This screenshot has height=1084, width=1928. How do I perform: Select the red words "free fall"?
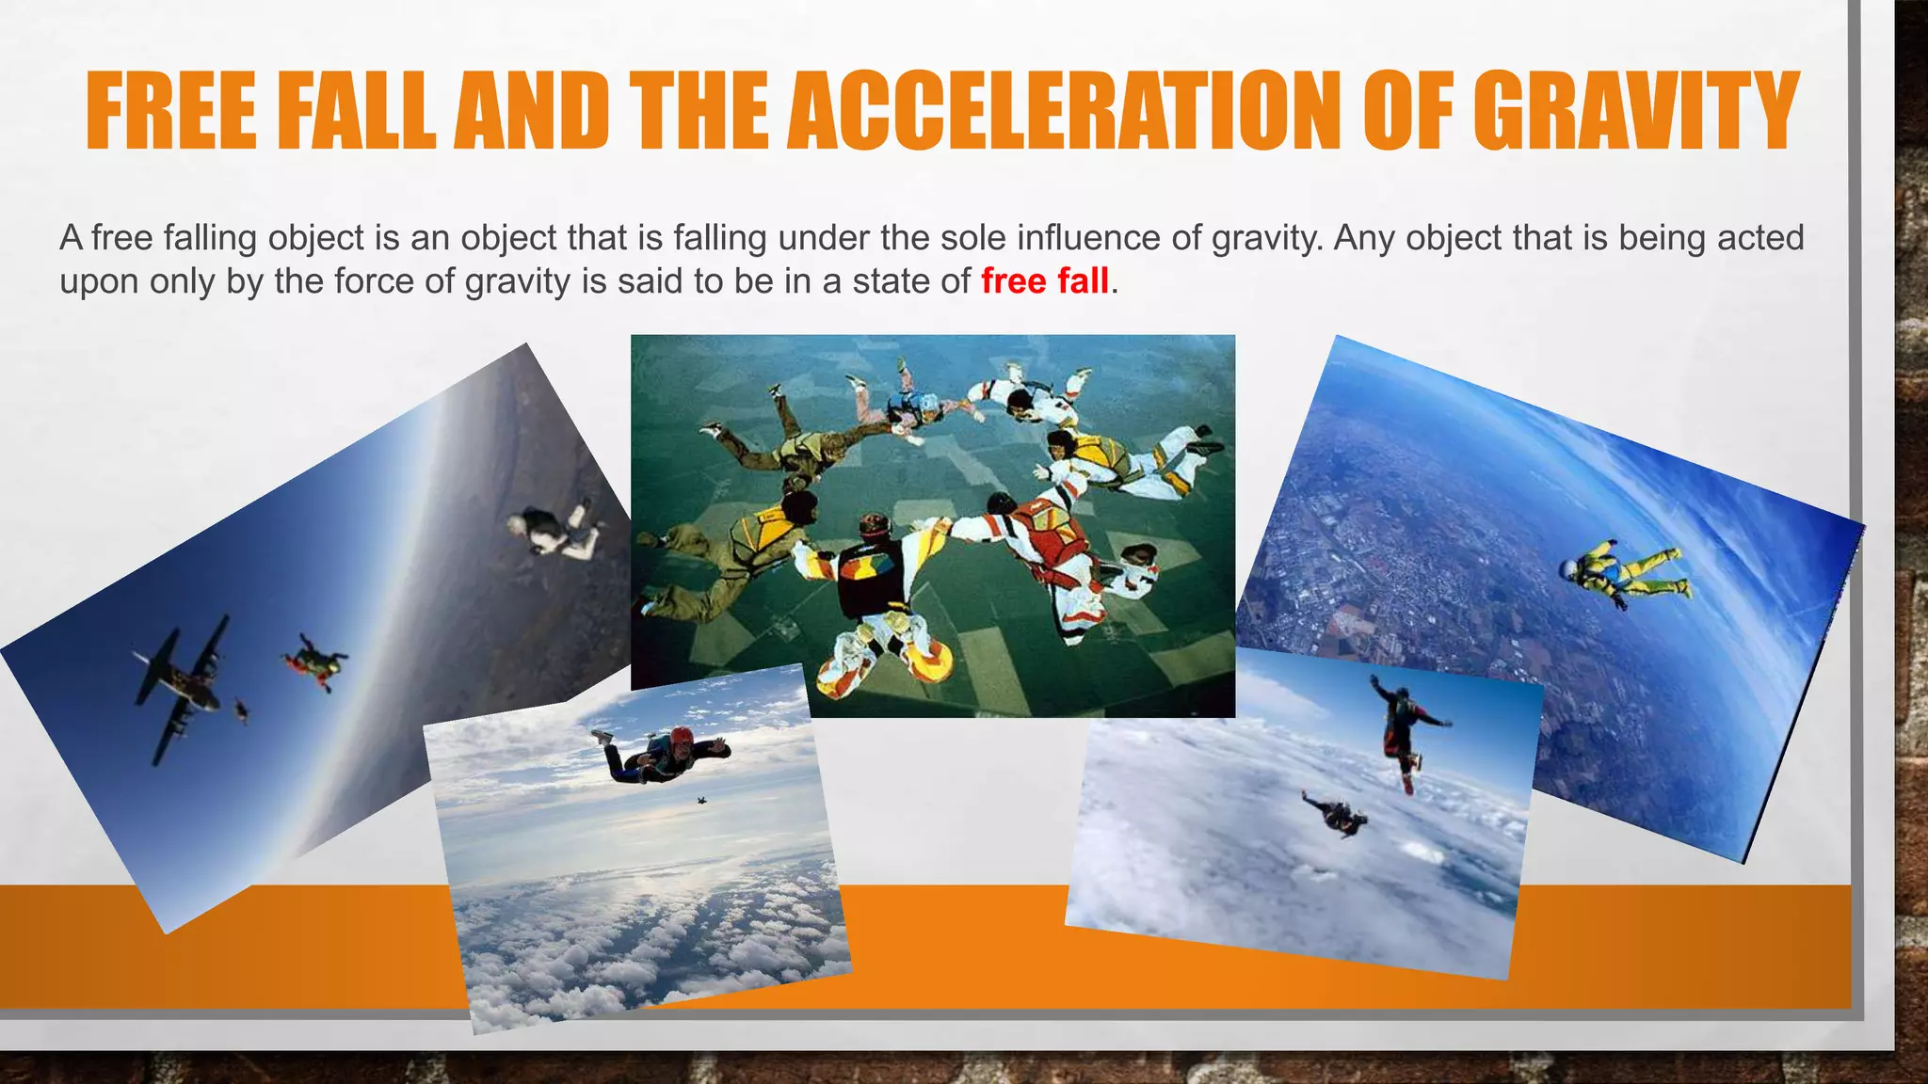(1044, 281)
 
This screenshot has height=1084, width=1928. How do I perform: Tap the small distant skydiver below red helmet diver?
(701, 800)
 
